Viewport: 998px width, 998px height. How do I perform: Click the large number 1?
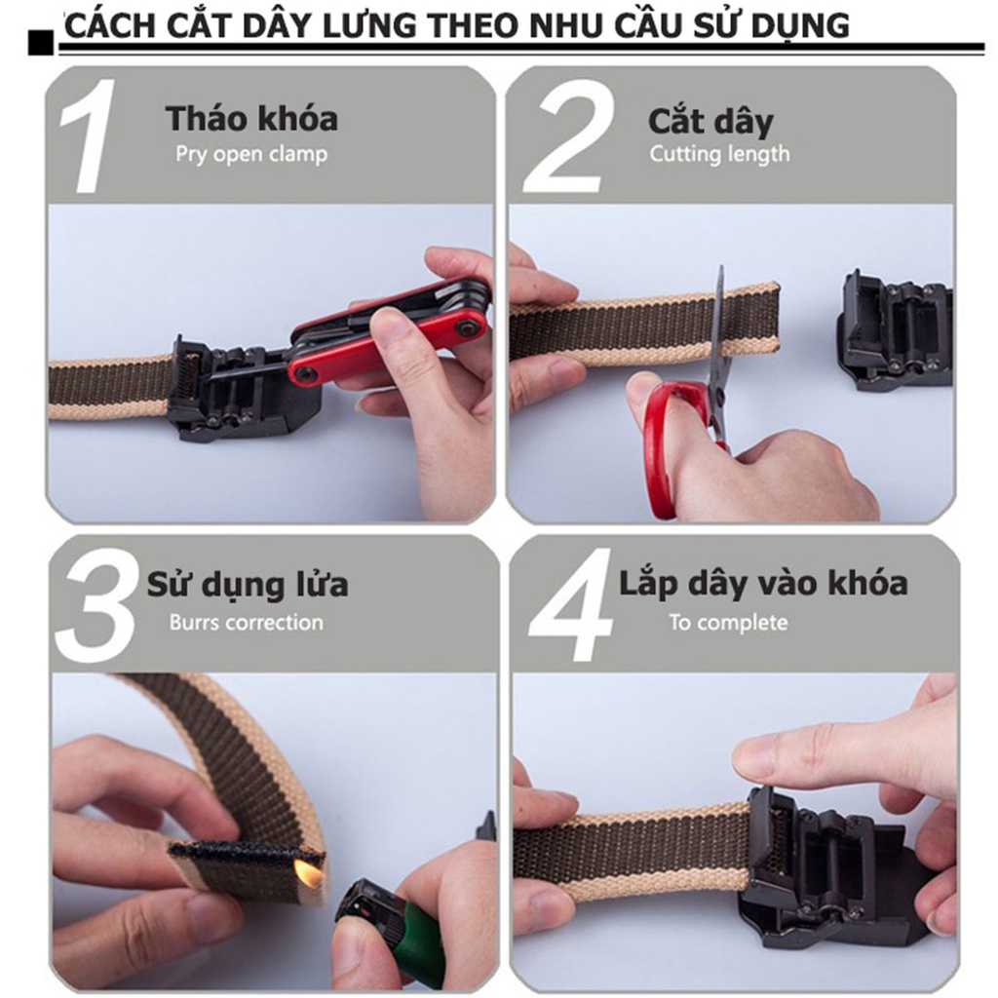93,136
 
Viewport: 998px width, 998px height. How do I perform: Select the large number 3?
95,605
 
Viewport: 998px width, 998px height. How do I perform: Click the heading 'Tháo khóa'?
251,119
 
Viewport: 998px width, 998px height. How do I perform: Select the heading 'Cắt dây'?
710,122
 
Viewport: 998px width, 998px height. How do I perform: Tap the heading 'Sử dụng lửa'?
248,585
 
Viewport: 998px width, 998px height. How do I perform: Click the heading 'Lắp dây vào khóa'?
763,584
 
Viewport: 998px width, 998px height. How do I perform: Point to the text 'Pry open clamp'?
251,154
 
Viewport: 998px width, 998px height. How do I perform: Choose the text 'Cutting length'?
719,154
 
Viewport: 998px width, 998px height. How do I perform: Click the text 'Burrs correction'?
246,622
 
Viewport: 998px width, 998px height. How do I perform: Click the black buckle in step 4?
819,867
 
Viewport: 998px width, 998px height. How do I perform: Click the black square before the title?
41,42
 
